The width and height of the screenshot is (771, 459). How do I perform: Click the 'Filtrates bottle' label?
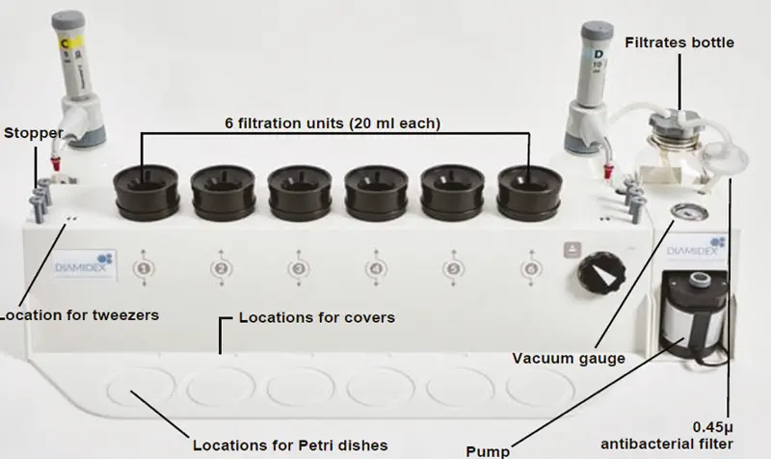(x=678, y=42)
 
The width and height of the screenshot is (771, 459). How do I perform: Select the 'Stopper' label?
(x=32, y=132)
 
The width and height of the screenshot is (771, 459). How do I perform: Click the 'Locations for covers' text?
(x=316, y=316)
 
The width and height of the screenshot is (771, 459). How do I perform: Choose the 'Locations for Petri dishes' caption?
(x=289, y=445)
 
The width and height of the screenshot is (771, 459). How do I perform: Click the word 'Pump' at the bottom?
(x=489, y=450)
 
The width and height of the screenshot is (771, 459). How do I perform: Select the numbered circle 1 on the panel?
(x=143, y=268)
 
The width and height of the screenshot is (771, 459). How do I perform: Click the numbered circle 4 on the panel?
(x=375, y=268)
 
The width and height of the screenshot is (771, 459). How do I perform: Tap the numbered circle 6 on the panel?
(x=529, y=268)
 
